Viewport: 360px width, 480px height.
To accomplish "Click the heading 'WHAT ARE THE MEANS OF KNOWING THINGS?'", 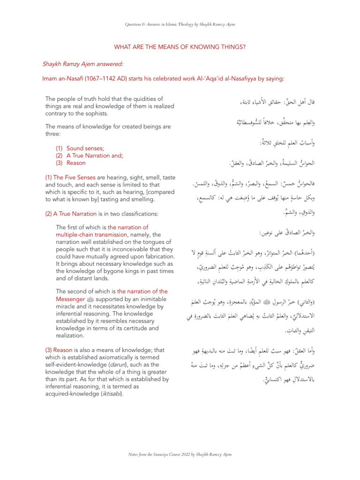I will pyautogui.click(x=180, y=47).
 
